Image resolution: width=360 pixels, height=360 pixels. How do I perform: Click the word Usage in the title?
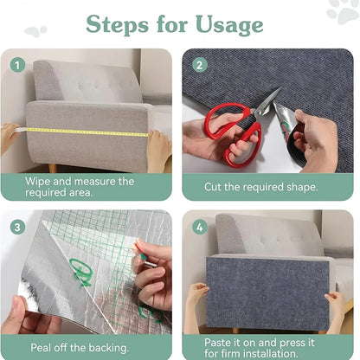coord(227,24)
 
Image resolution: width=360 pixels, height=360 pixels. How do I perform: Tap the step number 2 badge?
coord(200,64)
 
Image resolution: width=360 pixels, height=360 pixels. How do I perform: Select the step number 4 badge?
coord(200,228)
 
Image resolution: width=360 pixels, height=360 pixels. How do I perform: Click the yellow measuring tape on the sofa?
coord(87,132)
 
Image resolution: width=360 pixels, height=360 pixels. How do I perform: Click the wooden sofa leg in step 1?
coord(53,167)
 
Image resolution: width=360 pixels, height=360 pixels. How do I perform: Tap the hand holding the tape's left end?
coord(8,135)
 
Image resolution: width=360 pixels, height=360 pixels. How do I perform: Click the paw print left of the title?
coord(35,31)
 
